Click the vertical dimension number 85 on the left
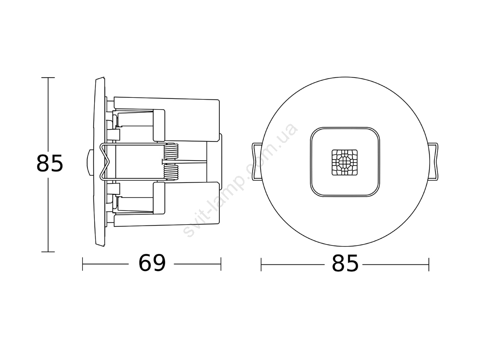(49, 163)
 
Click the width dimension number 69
(152, 263)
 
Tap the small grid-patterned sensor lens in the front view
(345, 162)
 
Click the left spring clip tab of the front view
(256, 162)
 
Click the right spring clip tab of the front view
(433, 162)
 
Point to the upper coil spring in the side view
(171, 151)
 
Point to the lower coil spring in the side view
(171, 172)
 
